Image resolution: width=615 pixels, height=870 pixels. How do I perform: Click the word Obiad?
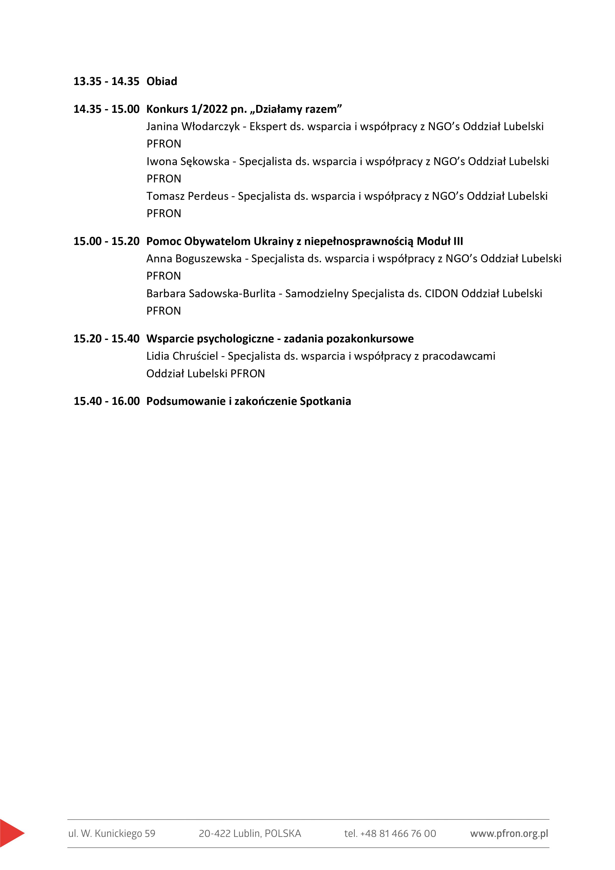point(162,82)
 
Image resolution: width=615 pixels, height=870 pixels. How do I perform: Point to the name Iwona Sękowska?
point(188,161)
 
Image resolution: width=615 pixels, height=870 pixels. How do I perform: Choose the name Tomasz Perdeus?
point(188,196)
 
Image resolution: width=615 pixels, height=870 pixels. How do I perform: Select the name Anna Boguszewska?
point(194,259)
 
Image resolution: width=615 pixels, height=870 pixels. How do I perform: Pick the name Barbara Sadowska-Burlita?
point(211,294)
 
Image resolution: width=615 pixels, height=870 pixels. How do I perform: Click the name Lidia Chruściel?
point(182,356)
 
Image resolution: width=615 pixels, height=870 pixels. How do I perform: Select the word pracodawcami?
point(459,356)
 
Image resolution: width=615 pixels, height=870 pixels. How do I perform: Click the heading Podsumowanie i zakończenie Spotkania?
point(249,401)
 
